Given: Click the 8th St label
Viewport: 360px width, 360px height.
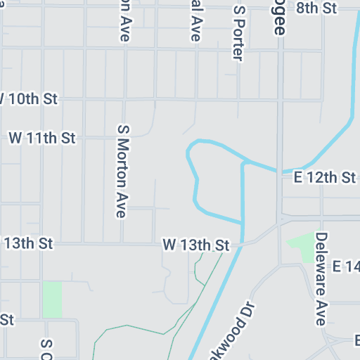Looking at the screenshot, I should pyautogui.click(x=316, y=8).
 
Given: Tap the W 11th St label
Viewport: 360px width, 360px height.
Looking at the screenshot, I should pyautogui.click(x=41, y=138).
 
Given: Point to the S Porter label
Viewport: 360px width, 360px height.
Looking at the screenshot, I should pyautogui.click(x=239, y=34).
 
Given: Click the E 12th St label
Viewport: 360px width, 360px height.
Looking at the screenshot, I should pyautogui.click(x=325, y=177).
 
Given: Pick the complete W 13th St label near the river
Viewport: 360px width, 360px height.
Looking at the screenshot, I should pyautogui.click(x=196, y=245).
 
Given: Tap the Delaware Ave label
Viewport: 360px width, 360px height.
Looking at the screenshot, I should pyautogui.click(x=321, y=279).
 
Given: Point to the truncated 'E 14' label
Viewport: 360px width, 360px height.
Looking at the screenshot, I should pyautogui.click(x=346, y=266).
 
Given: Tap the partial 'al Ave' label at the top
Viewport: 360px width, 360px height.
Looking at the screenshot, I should pyautogui.click(x=195, y=20).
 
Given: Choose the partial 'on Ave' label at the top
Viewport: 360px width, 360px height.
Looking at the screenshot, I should pyautogui.click(x=124, y=20).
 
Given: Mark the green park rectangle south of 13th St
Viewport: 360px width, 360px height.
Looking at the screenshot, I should pyautogui.click(x=52, y=299).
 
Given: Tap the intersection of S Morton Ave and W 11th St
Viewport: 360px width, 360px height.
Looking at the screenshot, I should pyautogui.click(x=124, y=138).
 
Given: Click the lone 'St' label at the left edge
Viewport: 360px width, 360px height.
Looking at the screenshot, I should pyautogui.click(x=7, y=319).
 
